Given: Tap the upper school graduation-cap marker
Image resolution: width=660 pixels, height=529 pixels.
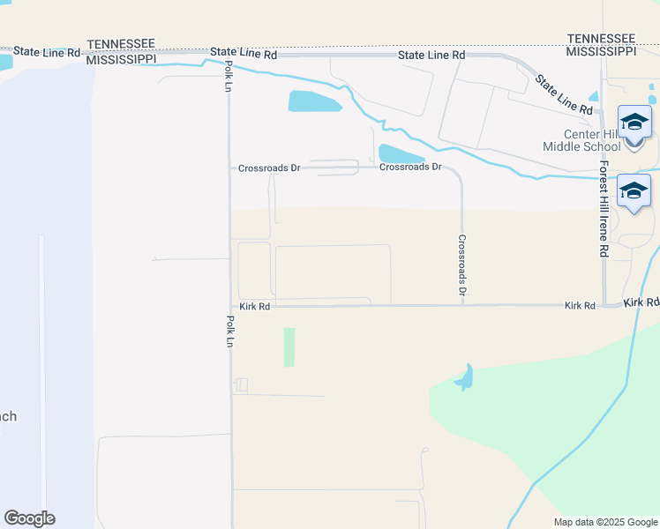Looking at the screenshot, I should coord(634,122).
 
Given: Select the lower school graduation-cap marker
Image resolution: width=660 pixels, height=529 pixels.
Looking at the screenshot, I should coord(634,190).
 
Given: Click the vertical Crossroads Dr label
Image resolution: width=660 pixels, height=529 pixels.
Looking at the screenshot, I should coord(461,264).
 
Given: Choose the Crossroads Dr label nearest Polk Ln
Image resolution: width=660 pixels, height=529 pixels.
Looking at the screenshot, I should coord(270,168).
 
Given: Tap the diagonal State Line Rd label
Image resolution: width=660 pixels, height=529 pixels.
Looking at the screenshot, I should coord(564,94).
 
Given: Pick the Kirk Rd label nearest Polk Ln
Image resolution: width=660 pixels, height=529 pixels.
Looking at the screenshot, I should coord(254,306).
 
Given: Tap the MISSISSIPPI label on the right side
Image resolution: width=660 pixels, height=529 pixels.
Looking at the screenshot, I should coord(602,52).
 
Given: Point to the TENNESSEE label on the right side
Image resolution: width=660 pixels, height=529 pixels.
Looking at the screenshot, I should coord(602,39).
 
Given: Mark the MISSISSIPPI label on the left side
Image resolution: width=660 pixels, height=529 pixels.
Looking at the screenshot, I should coord(122,58).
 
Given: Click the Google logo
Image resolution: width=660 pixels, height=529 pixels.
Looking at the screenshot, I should coord(29,518).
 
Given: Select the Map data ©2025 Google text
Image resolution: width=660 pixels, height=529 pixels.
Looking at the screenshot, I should coord(604,522).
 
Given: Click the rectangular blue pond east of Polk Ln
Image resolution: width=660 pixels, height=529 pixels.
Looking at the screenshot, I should coord(314,101).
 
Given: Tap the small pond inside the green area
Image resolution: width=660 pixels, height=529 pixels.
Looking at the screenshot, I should coord(464,379).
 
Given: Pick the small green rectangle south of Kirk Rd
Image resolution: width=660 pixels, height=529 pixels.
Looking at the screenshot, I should coord(289,347).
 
